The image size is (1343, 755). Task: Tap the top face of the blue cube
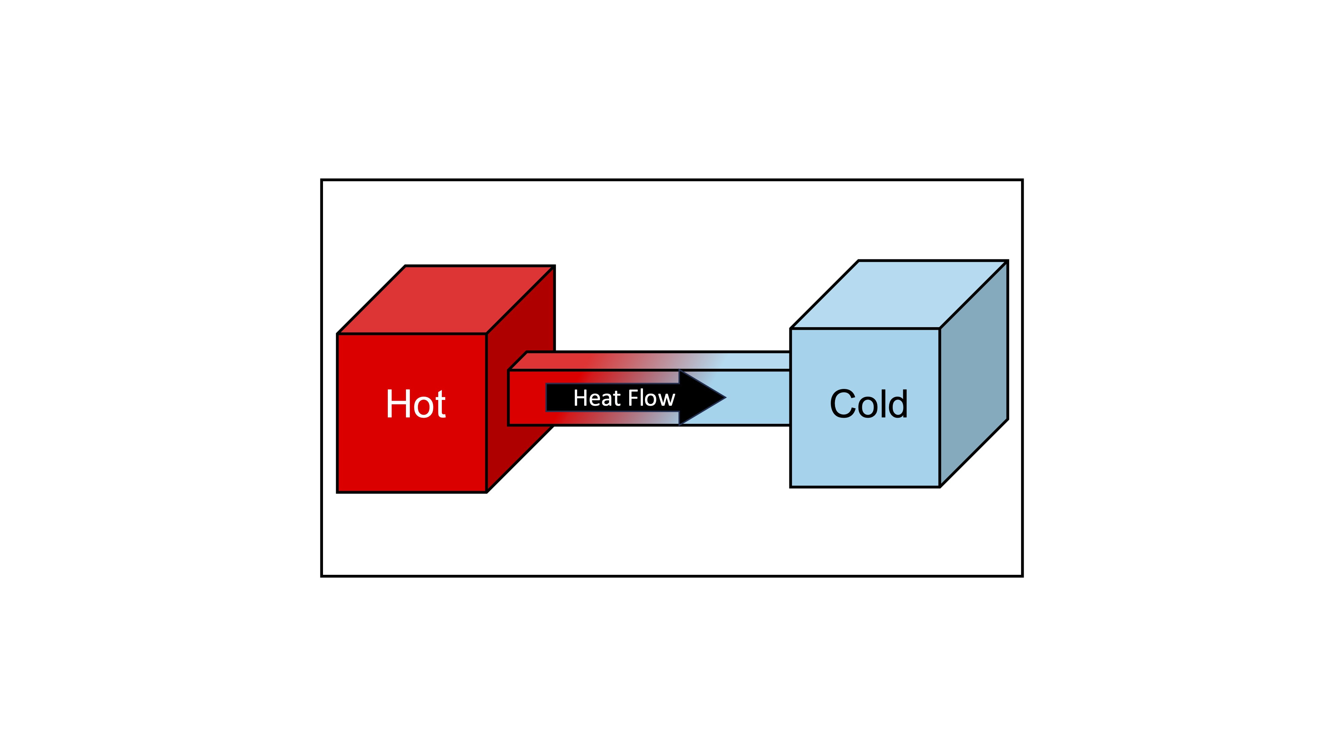pos(899,294)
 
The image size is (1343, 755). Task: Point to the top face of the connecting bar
pos(657,361)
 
